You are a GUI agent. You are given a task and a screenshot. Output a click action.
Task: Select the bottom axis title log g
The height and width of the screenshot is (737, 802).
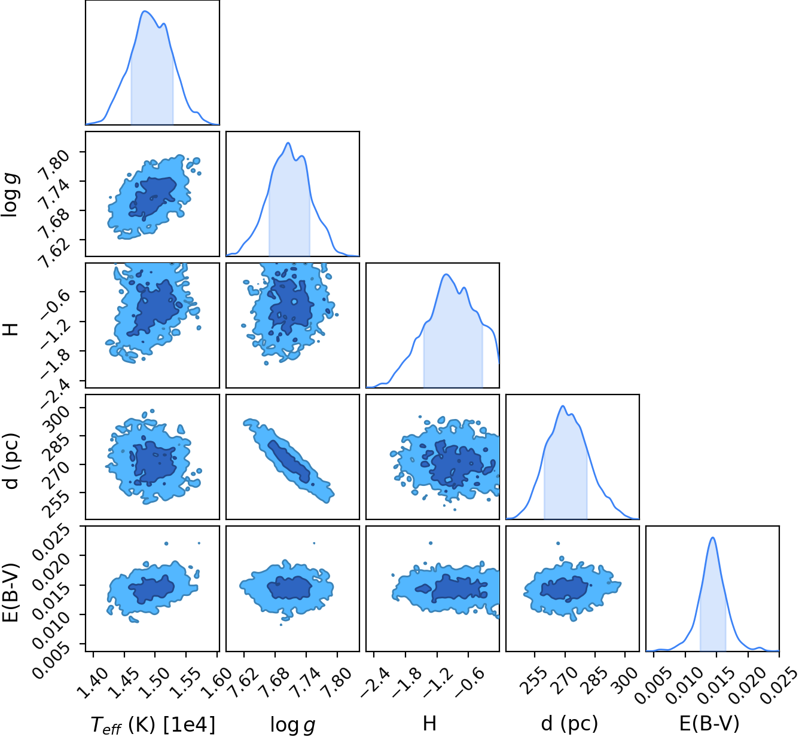click(x=292, y=724)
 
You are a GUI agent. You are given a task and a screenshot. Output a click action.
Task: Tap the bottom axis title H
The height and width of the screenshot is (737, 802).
click(x=430, y=723)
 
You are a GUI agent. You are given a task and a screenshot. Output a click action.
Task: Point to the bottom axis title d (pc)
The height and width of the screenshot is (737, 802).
click(x=569, y=724)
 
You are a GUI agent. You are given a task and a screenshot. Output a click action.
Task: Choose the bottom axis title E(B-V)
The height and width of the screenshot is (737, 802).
click(x=709, y=724)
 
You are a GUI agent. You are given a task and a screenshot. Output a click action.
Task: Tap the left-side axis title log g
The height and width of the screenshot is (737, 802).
click(x=11, y=194)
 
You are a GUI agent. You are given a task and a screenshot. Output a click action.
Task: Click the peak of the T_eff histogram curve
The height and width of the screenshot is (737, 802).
click(x=144, y=11)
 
